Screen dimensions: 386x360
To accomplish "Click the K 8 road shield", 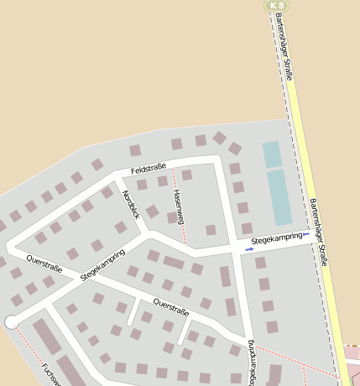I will point(278,5).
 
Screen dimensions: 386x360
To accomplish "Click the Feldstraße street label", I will point(149,169).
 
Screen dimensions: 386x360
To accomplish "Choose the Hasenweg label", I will point(178,206).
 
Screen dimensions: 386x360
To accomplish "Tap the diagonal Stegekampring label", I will point(102,264).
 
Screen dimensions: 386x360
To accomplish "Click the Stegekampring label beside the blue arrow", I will point(276,239).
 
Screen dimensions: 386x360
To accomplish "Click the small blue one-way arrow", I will point(249,248).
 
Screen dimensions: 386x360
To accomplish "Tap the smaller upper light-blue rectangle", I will point(272,154).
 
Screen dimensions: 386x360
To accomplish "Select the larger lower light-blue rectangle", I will point(279,197).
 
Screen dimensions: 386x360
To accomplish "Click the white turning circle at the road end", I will point(11,321).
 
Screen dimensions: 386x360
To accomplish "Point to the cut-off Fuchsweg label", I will point(52,374).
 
